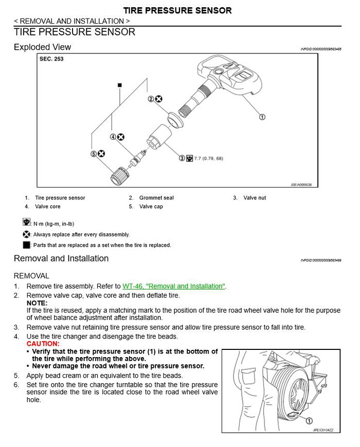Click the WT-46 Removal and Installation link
[x=174, y=286]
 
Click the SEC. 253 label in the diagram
[x=51, y=59]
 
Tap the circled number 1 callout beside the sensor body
[x=262, y=117]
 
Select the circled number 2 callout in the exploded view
[x=151, y=99]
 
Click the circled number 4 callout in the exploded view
[x=113, y=137]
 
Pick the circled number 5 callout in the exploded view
[x=94, y=154]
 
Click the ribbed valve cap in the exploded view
[x=119, y=175]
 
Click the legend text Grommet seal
[x=156, y=198]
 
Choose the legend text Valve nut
[x=255, y=198]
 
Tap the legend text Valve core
[x=48, y=207]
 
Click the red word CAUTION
[x=43, y=343]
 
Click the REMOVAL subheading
[x=31, y=276]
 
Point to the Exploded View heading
[x=42, y=47]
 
